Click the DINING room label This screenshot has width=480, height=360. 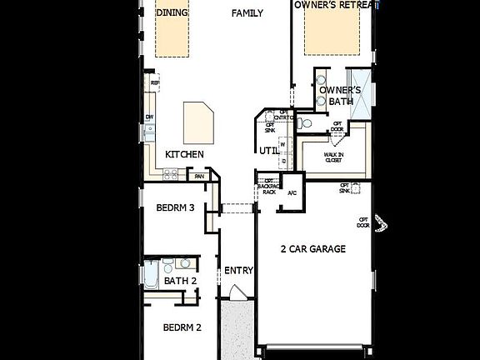click(172, 12)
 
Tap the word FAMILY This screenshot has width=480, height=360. click(247, 12)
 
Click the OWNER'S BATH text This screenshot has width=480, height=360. click(341, 95)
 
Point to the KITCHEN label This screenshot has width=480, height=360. click(184, 154)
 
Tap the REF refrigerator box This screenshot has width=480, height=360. click(154, 82)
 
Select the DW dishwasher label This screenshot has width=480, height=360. click(149, 117)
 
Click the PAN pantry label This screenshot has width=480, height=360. click(199, 176)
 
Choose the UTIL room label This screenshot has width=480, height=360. click(268, 151)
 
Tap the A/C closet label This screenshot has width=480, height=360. click(292, 193)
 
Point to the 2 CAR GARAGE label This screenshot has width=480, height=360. click(312, 248)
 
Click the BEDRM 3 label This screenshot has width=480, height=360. click(175, 207)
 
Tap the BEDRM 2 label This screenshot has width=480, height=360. click(182, 327)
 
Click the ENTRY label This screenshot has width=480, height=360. click(238, 271)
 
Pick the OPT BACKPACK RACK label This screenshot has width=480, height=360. click(269, 187)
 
